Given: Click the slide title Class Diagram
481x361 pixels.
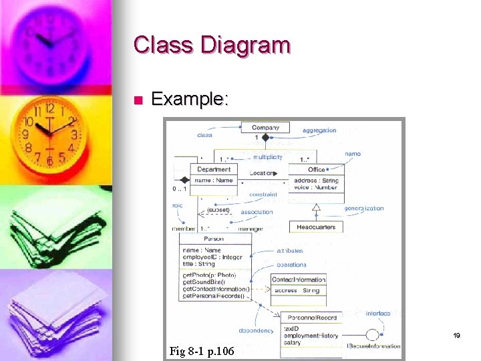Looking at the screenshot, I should tap(212, 45).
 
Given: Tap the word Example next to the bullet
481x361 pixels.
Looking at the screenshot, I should tap(190, 100).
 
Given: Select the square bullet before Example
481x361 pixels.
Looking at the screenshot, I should tap(138, 101).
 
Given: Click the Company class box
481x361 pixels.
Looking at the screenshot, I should tap(265, 127).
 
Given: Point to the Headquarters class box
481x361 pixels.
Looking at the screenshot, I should tap(316, 227).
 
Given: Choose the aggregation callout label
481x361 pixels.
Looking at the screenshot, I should tap(319, 130).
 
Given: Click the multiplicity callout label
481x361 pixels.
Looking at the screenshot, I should tap(267, 157).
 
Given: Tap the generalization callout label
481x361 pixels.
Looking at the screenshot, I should tap(365, 208).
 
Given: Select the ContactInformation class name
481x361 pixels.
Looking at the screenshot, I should tap(299, 279).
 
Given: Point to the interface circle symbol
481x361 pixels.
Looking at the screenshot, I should tap(373, 336).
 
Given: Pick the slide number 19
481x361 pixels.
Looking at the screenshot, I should tap(457, 336).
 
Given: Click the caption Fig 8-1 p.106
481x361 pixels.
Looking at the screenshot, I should tap(202, 351).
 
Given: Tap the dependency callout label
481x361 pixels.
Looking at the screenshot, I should tap(256, 330).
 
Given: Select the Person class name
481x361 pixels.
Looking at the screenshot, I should tap(214, 238).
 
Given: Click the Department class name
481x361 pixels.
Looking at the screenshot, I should tap(214, 170).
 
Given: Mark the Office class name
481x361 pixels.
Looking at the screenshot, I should tap(317, 170).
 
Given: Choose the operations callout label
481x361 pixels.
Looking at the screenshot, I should tap(291, 265).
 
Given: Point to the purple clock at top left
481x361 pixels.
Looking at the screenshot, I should tap(53, 41).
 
